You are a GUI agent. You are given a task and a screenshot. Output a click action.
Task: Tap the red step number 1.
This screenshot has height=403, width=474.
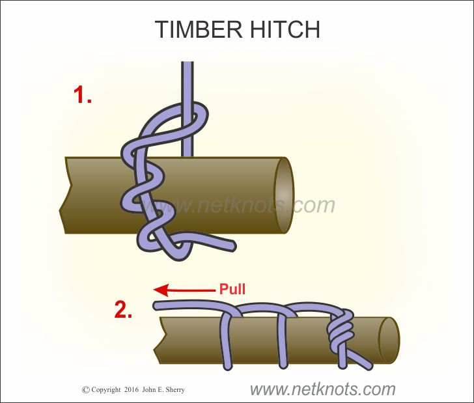pyautogui.click(x=82, y=96)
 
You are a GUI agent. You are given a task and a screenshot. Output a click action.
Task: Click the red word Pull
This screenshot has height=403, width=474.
pyautogui.click(x=232, y=288)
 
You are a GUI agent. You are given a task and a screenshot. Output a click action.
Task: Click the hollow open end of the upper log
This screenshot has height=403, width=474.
pyautogui.click(x=285, y=195)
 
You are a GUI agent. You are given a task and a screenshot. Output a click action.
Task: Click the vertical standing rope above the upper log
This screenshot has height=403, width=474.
pyautogui.click(x=188, y=85)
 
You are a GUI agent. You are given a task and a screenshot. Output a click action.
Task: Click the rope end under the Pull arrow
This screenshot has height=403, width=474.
pyautogui.click(x=159, y=305)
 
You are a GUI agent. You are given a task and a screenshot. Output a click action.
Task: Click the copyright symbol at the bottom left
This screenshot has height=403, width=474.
pyautogui.click(x=85, y=390)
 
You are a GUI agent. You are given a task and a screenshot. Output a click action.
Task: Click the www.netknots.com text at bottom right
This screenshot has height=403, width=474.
pyautogui.click(x=322, y=389)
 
